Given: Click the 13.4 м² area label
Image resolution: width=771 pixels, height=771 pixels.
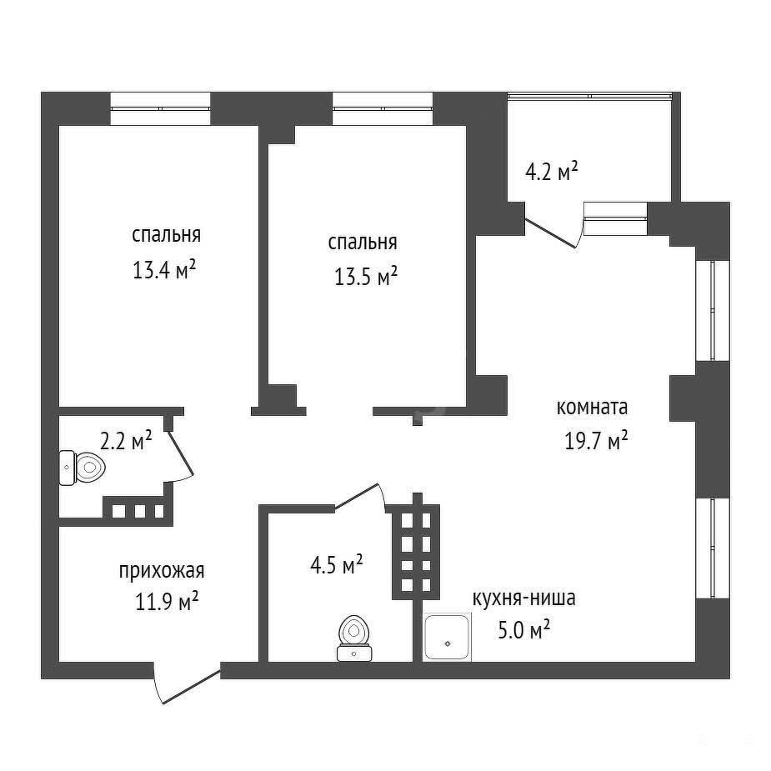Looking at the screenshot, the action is (x=164, y=270).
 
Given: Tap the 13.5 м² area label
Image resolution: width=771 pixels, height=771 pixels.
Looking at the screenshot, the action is (x=365, y=277).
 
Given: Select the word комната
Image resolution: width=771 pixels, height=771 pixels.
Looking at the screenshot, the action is (x=592, y=408).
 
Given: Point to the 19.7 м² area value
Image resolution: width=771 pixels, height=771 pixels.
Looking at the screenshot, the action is (x=596, y=441).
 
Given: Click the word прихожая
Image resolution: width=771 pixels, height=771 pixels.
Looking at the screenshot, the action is (x=162, y=571).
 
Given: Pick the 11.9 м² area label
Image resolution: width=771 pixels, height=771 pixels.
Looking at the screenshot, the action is (x=167, y=601).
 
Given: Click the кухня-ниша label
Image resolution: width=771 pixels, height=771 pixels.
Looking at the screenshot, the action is (x=524, y=598).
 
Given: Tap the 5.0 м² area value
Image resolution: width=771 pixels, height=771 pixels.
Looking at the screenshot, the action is (x=523, y=630).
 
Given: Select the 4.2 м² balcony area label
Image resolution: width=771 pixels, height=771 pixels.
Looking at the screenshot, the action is (x=551, y=172).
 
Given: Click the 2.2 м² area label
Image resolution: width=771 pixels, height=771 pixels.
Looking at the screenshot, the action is (x=126, y=441).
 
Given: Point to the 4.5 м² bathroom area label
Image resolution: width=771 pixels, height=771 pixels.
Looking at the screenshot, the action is (x=337, y=565).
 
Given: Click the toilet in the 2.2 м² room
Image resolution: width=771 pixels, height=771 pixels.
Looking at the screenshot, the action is (x=83, y=468).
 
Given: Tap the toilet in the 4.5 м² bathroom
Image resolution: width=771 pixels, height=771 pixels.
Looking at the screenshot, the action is (x=354, y=638).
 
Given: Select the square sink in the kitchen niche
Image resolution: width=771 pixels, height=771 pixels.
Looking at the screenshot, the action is (x=448, y=638).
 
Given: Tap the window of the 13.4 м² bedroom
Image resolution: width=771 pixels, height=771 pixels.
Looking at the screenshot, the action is (x=160, y=108).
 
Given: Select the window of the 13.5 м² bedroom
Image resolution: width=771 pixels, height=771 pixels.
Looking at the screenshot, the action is (x=383, y=108).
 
